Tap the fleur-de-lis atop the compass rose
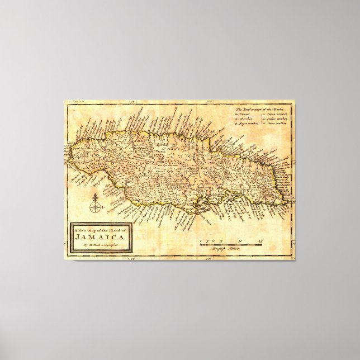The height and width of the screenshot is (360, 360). tap(95, 197)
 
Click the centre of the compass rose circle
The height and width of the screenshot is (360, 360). tap(95, 207)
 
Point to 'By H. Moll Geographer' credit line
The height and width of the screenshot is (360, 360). tap(101, 244)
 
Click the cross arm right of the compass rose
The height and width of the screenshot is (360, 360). tap(101, 208)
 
